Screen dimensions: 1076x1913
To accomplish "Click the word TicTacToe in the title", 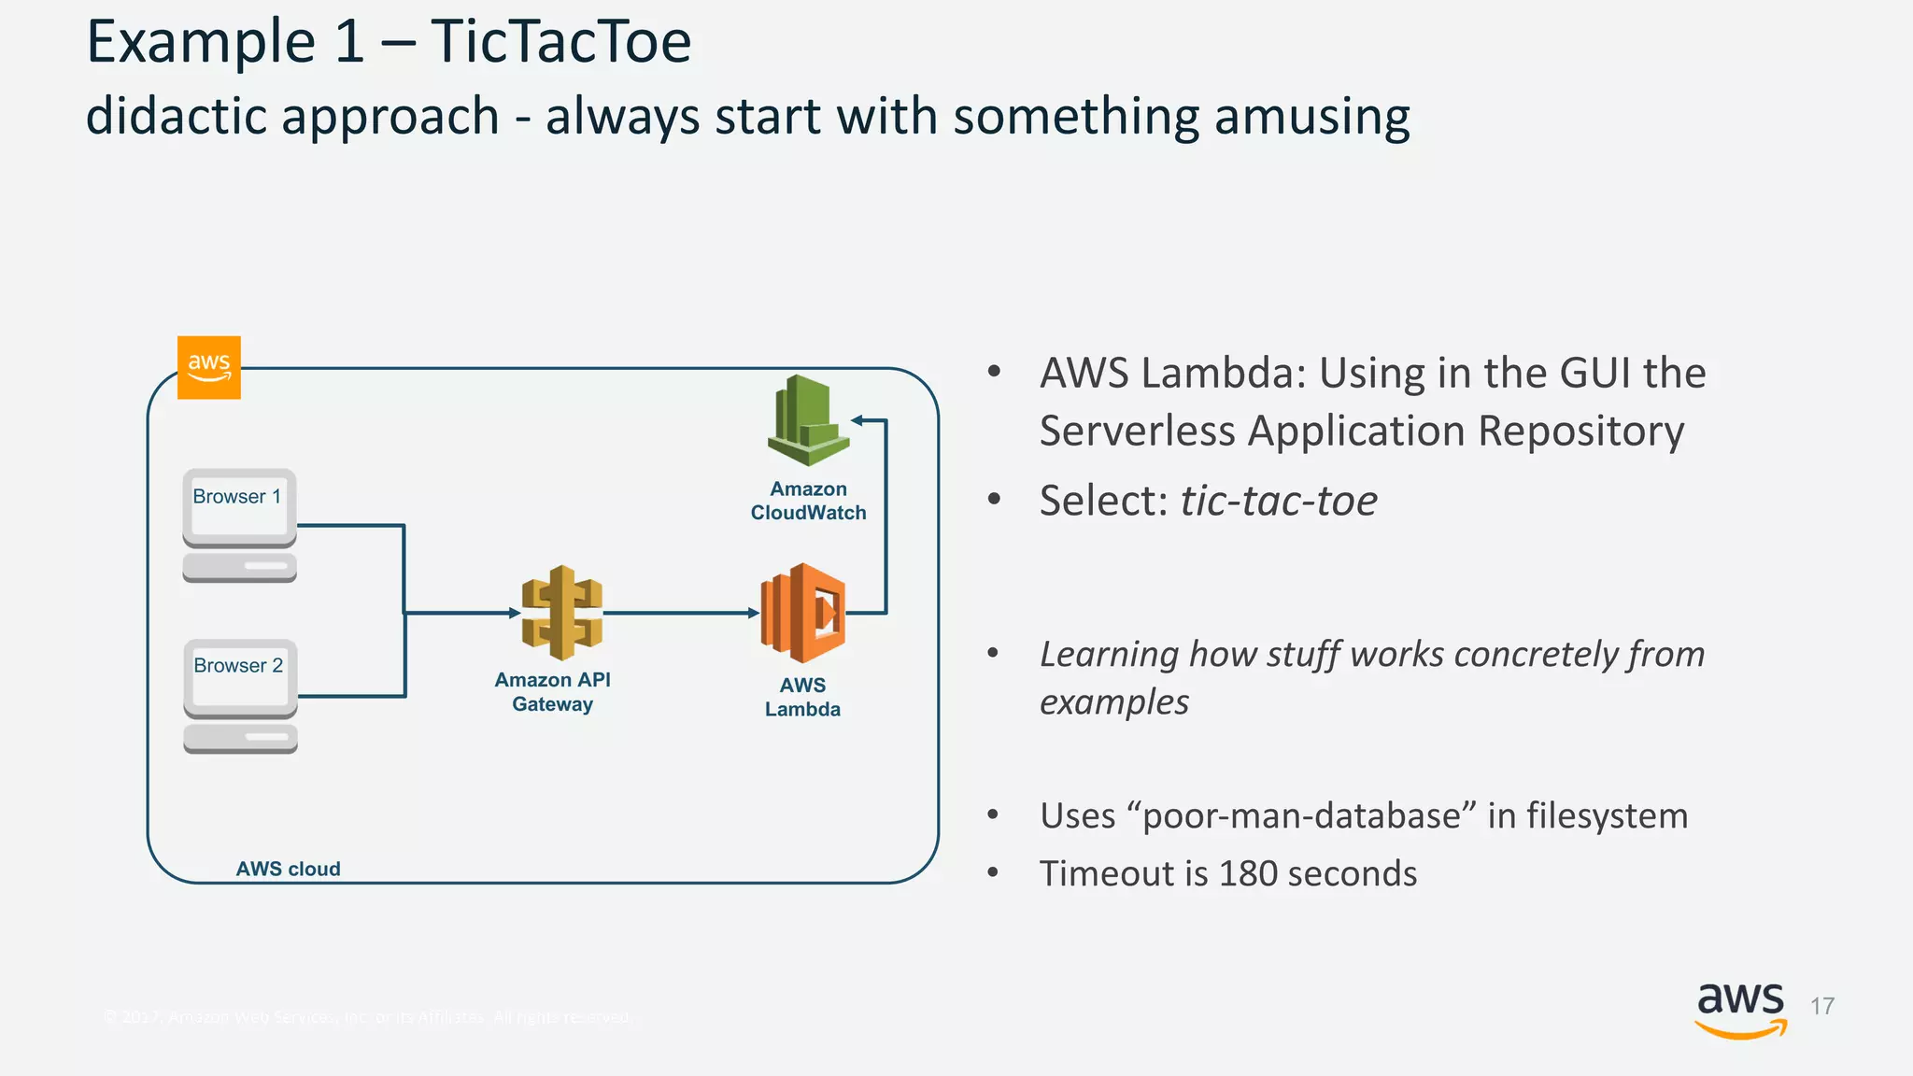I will (560, 42).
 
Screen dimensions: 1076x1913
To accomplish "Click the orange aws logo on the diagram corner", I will (209, 367).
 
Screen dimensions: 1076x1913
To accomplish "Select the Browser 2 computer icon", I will (240, 695).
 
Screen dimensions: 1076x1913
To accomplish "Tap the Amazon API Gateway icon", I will (561, 613).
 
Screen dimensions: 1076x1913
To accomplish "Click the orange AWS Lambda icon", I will (803, 613).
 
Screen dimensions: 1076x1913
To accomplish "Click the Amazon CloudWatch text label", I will (808, 501).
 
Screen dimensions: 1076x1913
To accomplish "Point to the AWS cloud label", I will (288, 869).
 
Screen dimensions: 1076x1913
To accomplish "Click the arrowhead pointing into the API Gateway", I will (515, 613).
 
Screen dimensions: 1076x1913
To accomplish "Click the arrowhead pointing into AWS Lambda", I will (754, 613).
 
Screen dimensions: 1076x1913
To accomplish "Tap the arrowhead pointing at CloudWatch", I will (857, 420).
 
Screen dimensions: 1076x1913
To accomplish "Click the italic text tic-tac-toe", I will (1278, 501).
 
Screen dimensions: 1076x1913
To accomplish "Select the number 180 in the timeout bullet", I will (1248, 873).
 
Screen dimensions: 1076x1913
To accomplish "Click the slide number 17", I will (1821, 1006).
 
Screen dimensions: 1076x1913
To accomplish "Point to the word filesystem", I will (1607, 815).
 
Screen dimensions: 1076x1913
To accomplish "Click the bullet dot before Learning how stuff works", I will (994, 653).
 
